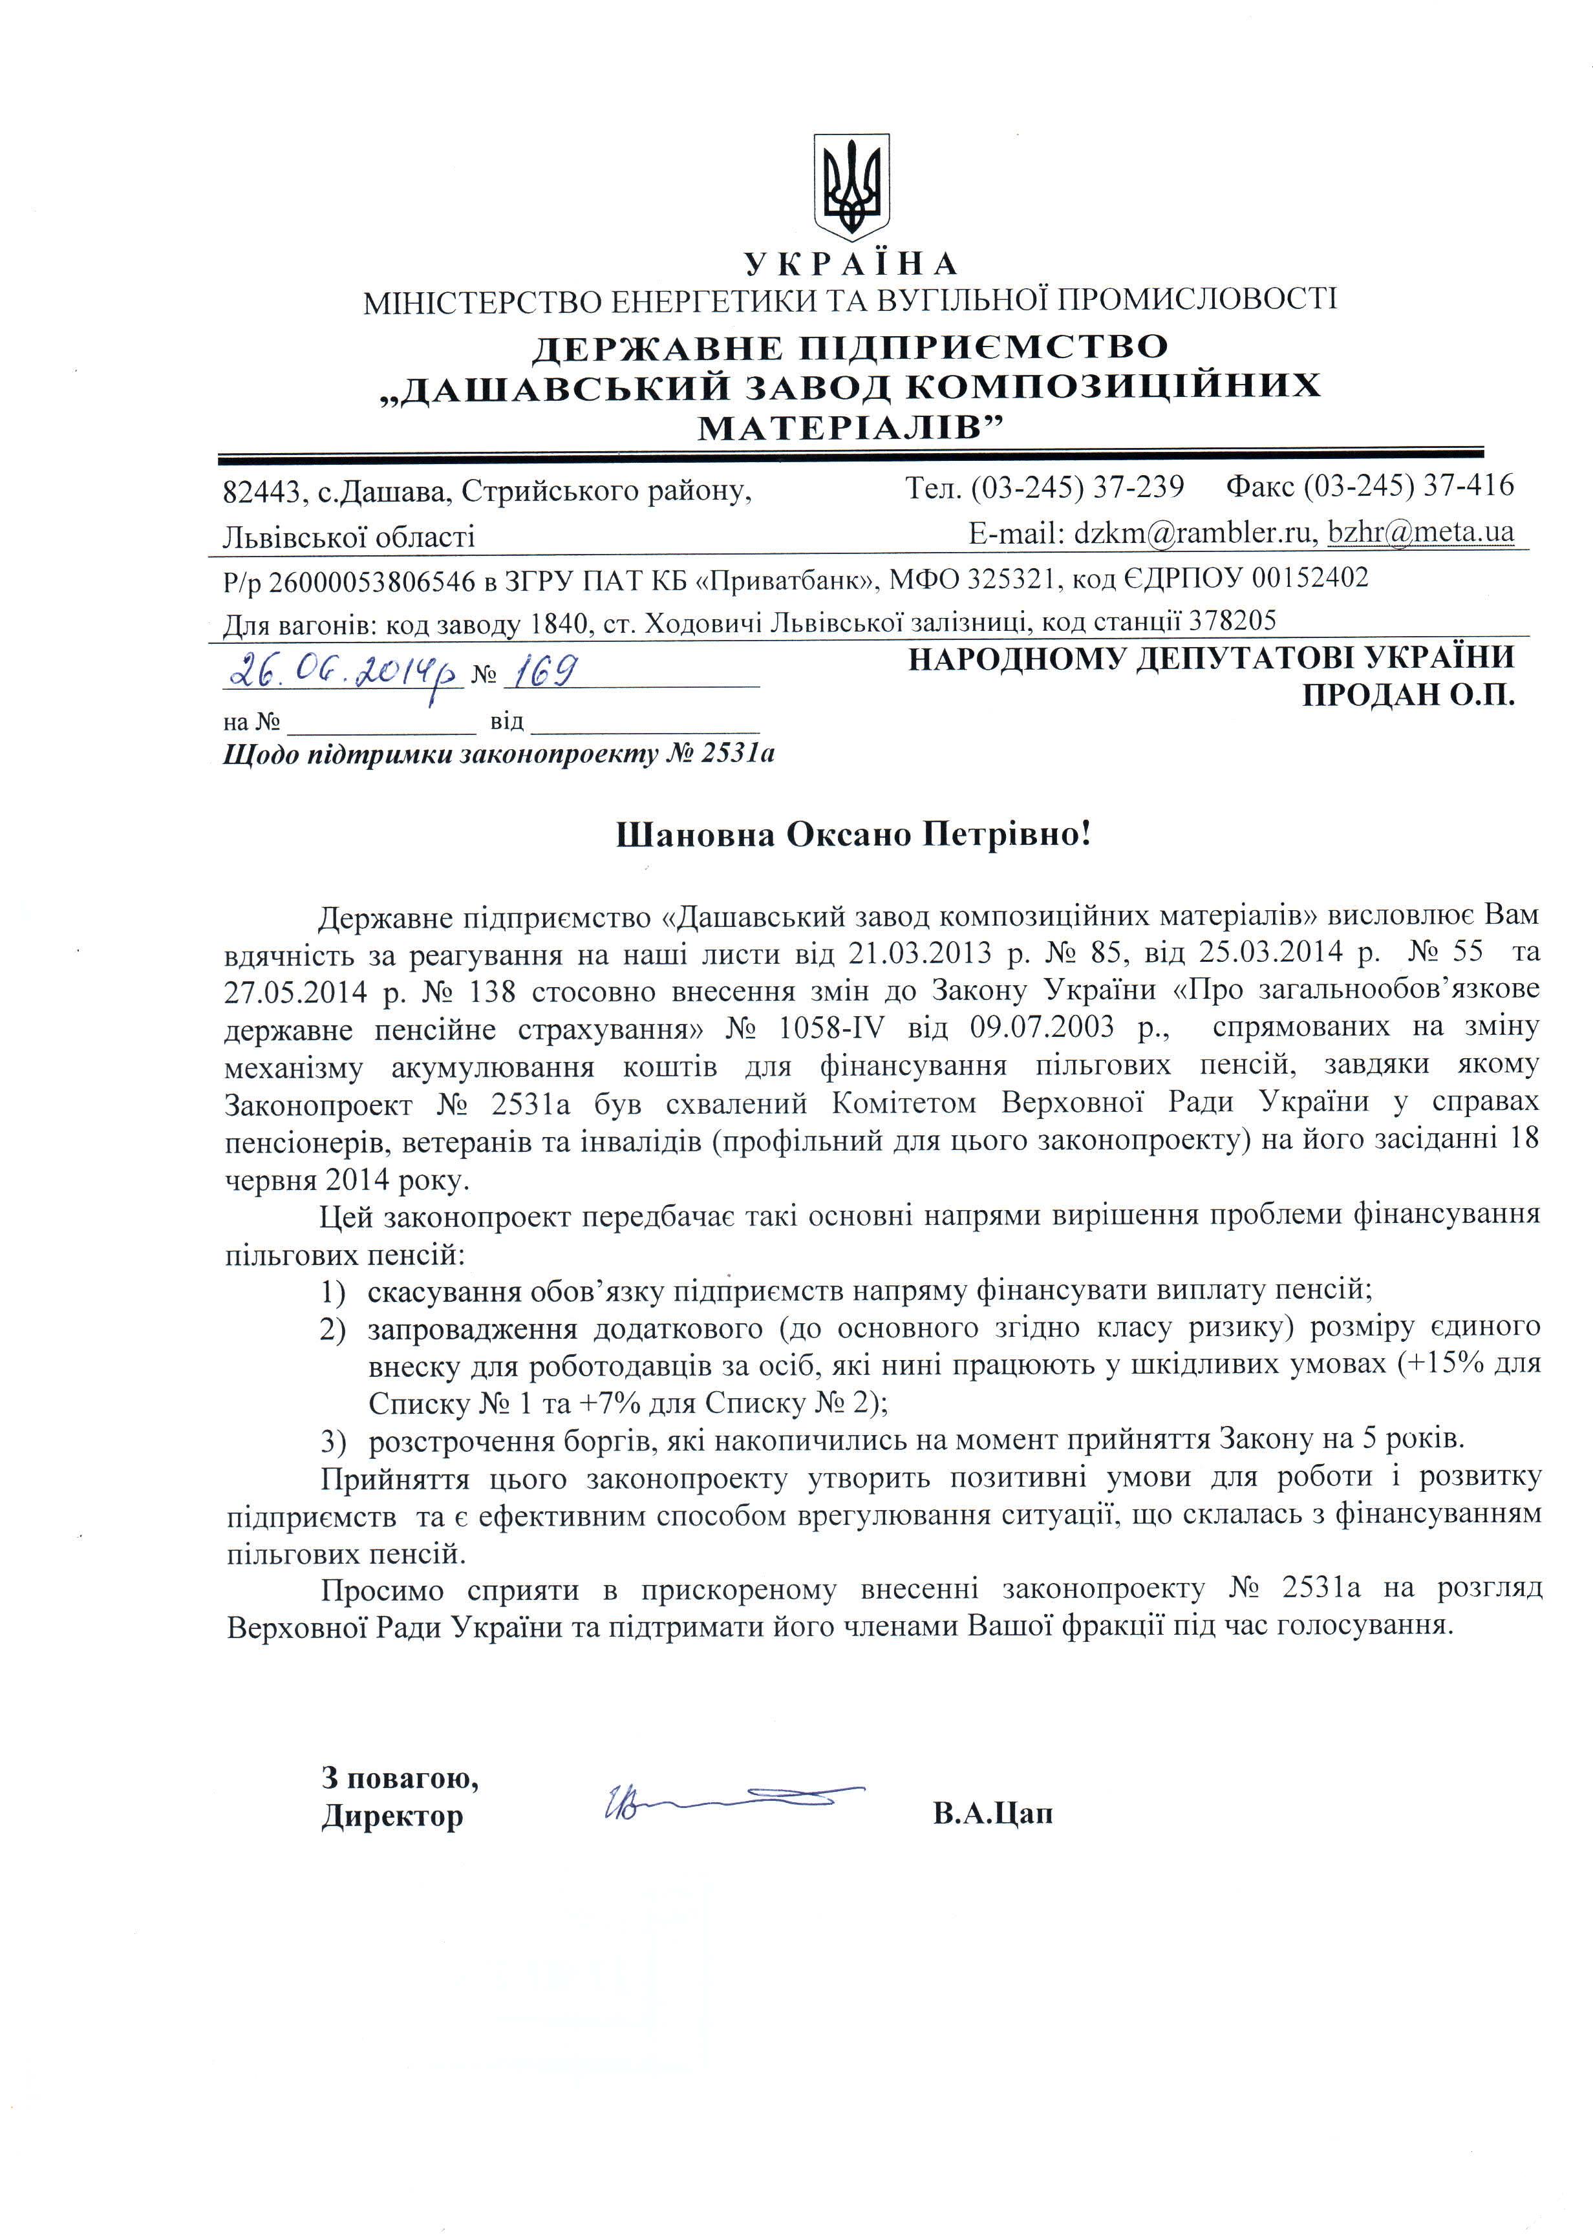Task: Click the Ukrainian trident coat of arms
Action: [851, 186]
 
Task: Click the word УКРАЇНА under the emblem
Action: [850, 264]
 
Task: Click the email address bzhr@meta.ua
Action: [1420, 533]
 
